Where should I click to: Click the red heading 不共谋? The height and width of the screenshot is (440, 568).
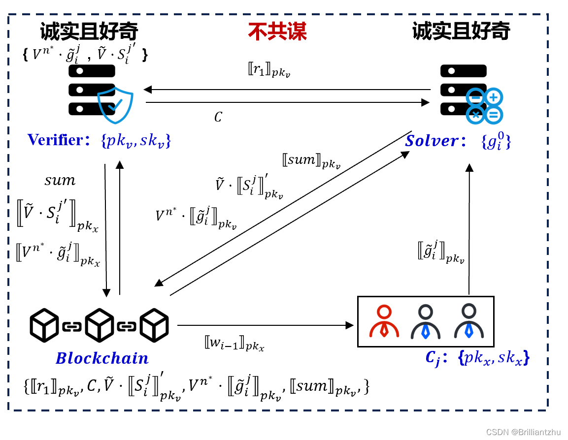point(277,32)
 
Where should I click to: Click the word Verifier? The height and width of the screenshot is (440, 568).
point(55,140)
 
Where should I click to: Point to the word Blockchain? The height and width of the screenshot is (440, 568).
point(102,358)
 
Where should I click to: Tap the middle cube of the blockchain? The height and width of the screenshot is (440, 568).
point(100,325)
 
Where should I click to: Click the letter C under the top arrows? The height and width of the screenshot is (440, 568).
point(218,117)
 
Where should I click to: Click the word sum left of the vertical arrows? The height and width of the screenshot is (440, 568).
point(60,181)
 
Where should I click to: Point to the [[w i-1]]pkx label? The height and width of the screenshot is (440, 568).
point(234,343)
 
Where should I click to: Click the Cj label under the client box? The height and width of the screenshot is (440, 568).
point(433,358)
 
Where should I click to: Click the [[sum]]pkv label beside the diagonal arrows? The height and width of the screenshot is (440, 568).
point(311,161)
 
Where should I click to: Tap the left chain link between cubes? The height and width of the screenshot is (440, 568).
point(72,326)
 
